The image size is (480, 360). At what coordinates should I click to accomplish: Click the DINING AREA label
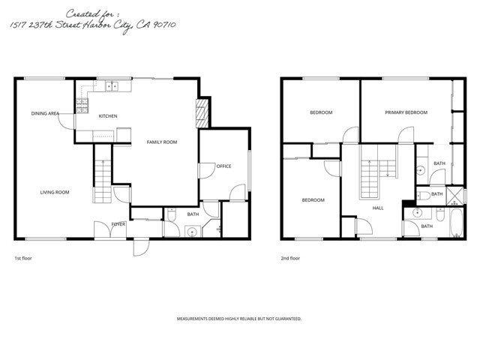click(x=45, y=113)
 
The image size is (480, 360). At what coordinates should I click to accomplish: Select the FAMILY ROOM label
click(x=161, y=142)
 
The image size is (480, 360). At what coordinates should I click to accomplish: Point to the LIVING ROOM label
click(x=55, y=193)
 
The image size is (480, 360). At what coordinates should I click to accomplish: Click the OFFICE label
click(x=223, y=166)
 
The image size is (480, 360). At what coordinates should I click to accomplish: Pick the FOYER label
click(x=118, y=223)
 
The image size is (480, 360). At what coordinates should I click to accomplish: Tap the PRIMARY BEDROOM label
click(x=406, y=112)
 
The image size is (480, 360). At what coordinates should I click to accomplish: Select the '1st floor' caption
click(x=23, y=258)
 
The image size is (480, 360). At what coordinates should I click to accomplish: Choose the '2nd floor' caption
click(x=290, y=258)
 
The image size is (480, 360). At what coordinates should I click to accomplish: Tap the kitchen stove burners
click(x=82, y=105)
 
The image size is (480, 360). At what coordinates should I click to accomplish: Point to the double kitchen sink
click(x=113, y=85)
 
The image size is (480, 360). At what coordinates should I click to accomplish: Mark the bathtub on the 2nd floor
click(x=454, y=226)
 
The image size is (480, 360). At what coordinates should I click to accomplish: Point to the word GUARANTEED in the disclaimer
click(x=286, y=319)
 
